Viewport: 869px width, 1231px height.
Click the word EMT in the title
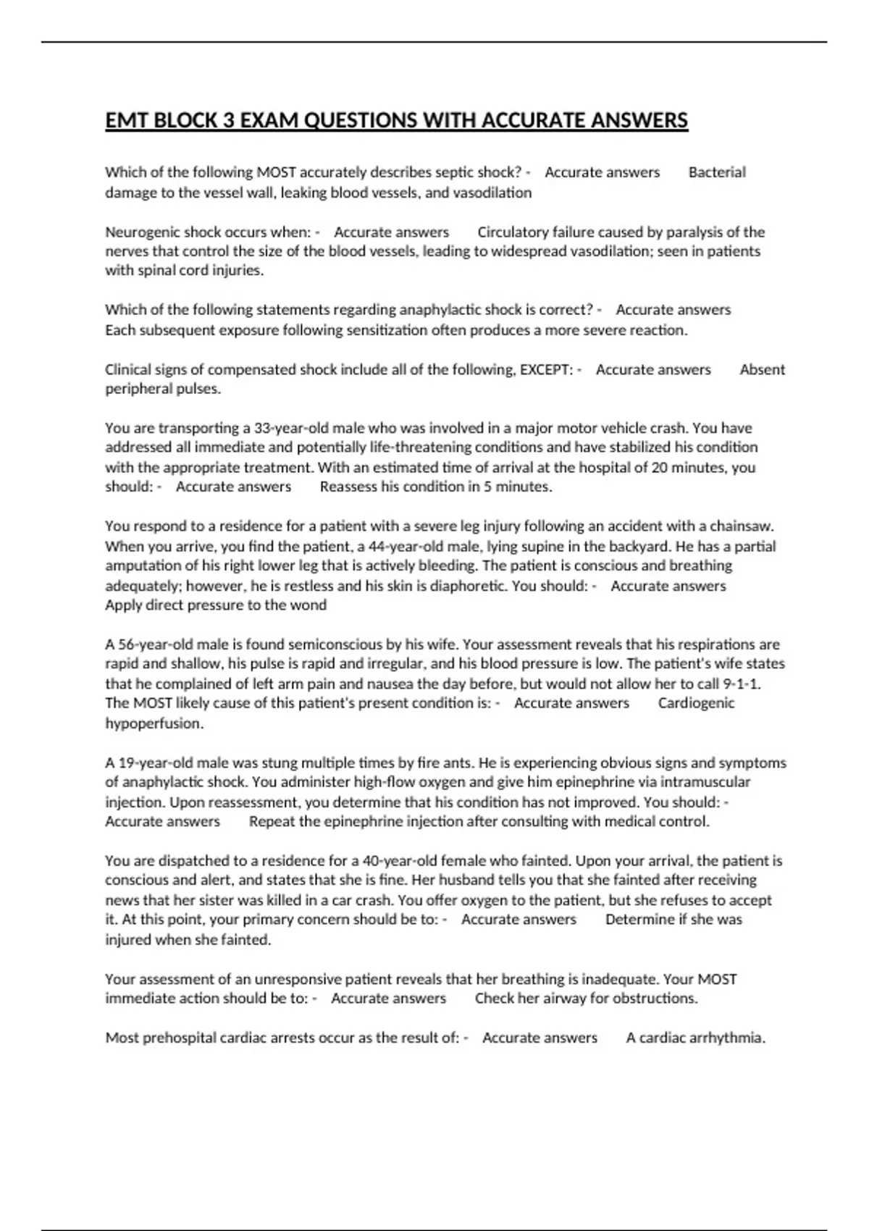point(127,119)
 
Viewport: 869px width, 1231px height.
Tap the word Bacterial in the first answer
point(716,172)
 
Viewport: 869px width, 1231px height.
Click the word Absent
point(762,369)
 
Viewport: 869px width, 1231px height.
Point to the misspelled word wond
point(311,605)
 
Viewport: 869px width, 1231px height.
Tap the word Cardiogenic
point(696,703)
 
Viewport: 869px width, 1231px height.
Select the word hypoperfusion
point(154,723)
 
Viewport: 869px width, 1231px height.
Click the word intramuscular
point(705,782)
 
